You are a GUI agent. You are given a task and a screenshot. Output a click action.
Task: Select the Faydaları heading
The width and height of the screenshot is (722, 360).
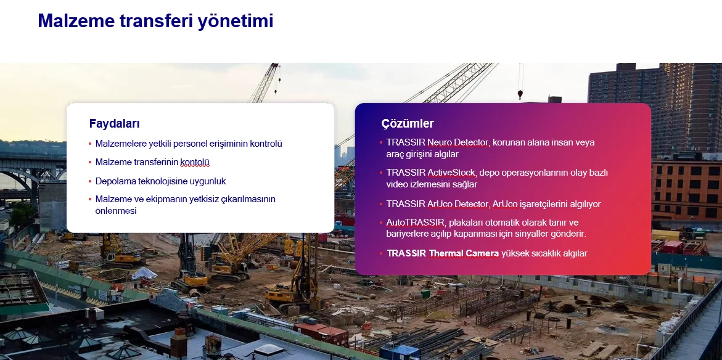(115, 123)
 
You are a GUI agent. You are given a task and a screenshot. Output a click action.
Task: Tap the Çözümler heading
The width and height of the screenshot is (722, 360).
(408, 124)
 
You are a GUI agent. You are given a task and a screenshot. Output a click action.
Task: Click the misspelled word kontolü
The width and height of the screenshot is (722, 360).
(195, 163)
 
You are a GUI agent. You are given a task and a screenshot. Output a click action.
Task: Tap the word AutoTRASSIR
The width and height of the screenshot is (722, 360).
(416, 223)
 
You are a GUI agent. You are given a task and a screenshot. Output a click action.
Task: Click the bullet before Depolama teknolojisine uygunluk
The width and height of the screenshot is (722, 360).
(90, 182)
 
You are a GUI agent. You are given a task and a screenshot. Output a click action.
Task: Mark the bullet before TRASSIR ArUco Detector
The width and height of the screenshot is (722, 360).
(381, 204)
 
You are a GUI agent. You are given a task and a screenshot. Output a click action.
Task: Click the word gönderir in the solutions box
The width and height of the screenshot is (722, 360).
(570, 234)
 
